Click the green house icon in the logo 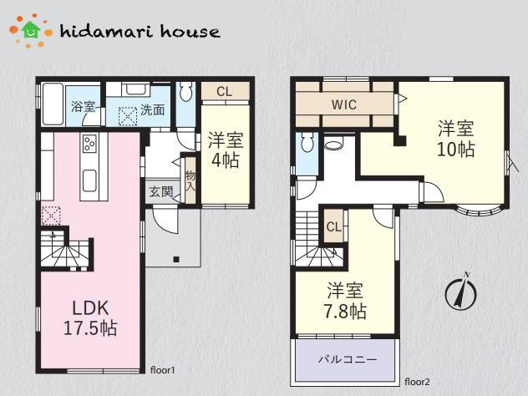pyautogui.click(x=31, y=29)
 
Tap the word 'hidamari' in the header pyautogui.click(x=106, y=31)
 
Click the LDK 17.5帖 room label pyautogui.click(x=90, y=317)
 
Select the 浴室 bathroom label pyautogui.click(x=83, y=107)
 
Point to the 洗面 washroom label pyautogui.click(x=153, y=109)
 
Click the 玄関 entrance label pyautogui.click(x=161, y=191)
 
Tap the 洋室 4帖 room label pyautogui.click(x=226, y=150)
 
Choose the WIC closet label pyautogui.click(x=344, y=104)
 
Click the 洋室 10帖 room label pyautogui.click(x=456, y=139)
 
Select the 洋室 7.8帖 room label pyautogui.click(x=345, y=301)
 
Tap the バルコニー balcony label pyautogui.click(x=348, y=359)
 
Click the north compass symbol pyautogui.click(x=460, y=292)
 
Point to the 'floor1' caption pyautogui.click(x=163, y=370)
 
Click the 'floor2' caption pyautogui.click(x=417, y=382)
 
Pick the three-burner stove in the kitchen pyautogui.click(x=89, y=143)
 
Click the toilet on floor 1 pyautogui.click(x=185, y=91)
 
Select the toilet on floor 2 pyautogui.click(x=307, y=142)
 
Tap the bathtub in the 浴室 pyautogui.click(x=53, y=104)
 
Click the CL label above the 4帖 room pyautogui.click(x=224, y=92)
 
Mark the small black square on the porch pyautogui.click(x=175, y=259)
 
